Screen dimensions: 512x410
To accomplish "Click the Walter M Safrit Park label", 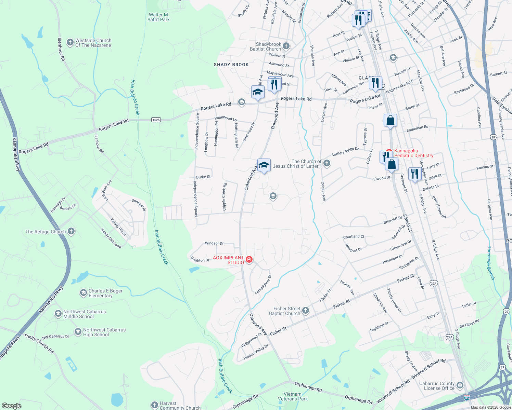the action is pos(158,17).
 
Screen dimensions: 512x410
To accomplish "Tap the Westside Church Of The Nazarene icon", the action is pos(70,42).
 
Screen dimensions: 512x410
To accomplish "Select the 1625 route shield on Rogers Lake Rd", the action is pos(156,120).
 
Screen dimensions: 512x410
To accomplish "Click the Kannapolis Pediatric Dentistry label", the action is pos(413,153).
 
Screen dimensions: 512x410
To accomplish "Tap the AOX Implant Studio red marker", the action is pos(249,260).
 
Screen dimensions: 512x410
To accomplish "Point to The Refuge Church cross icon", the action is pos(71,231).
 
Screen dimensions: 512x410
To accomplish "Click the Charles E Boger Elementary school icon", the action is pos(83,293).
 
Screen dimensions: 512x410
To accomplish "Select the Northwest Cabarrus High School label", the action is pos(104,332).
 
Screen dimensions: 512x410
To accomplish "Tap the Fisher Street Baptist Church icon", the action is pos(306,311).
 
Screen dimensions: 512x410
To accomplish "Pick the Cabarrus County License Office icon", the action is pos(460,386).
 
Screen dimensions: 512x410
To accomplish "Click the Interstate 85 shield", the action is pos(467,398).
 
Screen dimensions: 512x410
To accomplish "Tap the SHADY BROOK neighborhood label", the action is pos(231,65).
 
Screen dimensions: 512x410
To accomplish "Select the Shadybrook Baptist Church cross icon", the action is pos(286,46).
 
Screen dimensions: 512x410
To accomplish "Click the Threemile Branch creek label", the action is pos(491,263).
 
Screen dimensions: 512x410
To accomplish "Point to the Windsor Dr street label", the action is pos(214,243).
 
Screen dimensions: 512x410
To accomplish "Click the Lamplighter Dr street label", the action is pos(263,284).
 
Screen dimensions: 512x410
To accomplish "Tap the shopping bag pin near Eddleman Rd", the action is pos(390,121).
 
